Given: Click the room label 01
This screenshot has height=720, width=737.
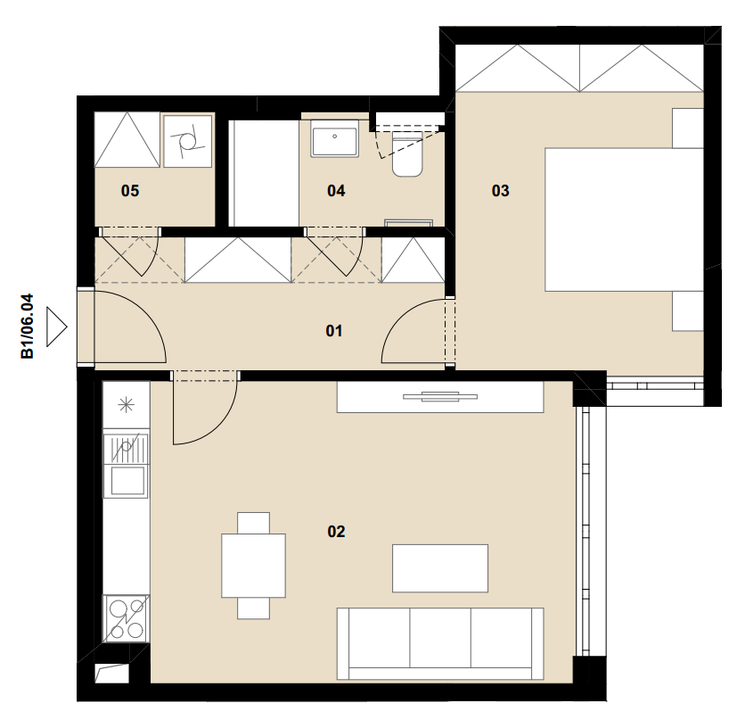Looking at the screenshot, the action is click(x=333, y=331).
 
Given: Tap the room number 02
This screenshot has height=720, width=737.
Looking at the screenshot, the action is click(x=336, y=531).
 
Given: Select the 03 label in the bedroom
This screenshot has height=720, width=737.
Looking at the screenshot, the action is click(x=500, y=191).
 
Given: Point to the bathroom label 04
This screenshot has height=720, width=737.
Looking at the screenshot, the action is click(x=336, y=191).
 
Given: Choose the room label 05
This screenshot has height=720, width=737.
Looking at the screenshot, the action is click(x=130, y=191).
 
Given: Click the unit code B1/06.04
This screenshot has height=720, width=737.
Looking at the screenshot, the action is click(x=28, y=327).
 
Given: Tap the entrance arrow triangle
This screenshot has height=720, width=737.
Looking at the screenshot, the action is click(x=56, y=327).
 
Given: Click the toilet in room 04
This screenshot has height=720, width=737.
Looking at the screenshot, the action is click(x=407, y=153).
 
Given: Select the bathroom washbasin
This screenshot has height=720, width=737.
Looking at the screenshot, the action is click(x=334, y=138).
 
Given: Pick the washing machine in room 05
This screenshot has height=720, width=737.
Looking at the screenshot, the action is click(x=187, y=141).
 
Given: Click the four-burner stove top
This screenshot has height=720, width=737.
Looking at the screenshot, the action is click(x=127, y=618).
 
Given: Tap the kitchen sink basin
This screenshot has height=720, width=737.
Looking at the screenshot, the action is click(x=127, y=481).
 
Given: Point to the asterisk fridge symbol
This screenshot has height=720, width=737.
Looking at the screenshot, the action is click(x=126, y=405).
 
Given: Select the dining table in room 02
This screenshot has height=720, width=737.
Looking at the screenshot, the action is click(x=253, y=565).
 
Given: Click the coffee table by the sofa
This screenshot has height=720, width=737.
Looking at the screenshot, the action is click(x=440, y=568).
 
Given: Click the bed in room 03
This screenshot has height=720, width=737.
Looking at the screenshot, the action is click(x=624, y=219).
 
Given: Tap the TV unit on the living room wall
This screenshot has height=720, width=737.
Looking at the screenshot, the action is click(x=440, y=397).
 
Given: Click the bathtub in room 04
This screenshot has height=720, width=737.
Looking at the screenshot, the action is click(x=264, y=173).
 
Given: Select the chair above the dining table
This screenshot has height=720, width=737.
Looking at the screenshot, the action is click(x=253, y=523).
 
